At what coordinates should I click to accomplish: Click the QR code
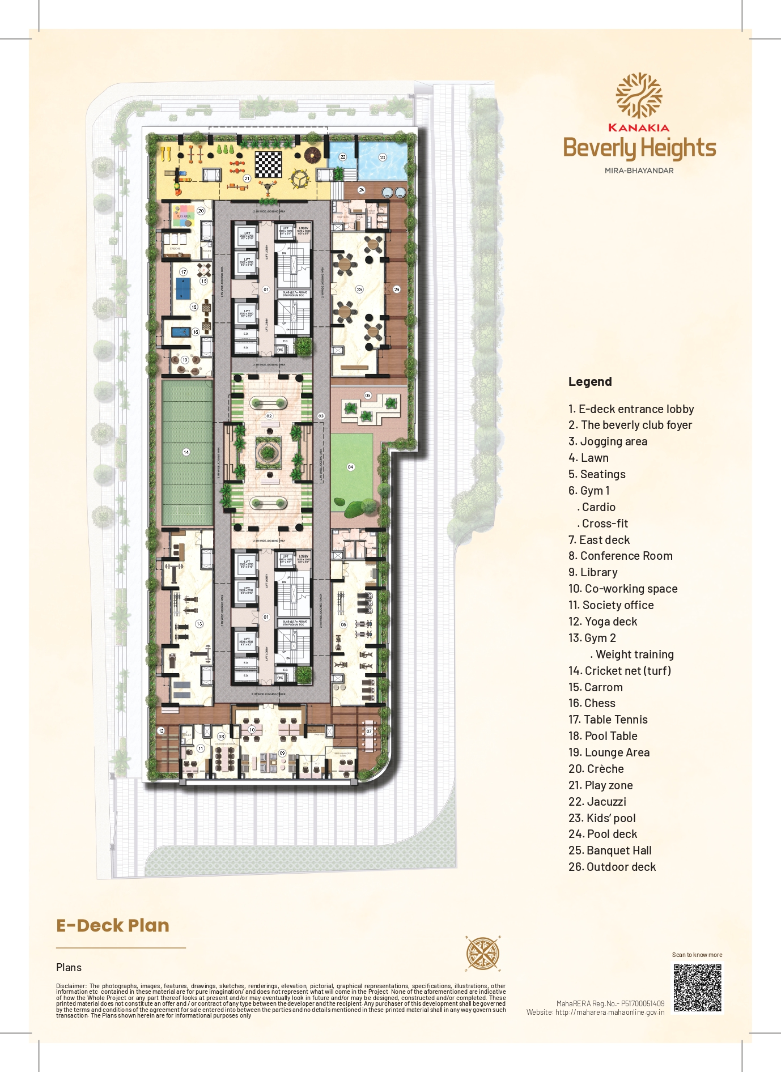pos(698,988)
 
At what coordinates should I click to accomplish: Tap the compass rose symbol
pos(482,953)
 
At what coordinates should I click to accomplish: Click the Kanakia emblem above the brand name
pos(639,96)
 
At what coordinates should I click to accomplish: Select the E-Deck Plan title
pos(113,925)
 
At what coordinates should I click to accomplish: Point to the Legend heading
pos(590,381)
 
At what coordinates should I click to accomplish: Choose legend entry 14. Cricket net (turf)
pos(619,671)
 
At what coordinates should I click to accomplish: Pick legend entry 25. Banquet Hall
pos(610,850)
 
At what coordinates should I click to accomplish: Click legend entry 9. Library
pos(593,572)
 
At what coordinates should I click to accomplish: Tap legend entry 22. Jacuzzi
pos(597,802)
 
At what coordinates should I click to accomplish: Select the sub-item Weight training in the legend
pos(634,654)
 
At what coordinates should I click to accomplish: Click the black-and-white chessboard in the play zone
pos(268,164)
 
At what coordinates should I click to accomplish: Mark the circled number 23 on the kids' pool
pos(383,158)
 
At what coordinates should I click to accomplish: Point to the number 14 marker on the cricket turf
pos(186,452)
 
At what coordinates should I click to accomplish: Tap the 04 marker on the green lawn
pos(351,467)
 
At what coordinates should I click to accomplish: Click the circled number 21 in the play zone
pos(247,178)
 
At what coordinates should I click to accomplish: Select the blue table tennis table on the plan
pos(184,290)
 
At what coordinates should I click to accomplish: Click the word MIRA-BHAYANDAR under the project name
pos(639,171)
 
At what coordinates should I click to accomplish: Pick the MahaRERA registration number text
pos(610,1003)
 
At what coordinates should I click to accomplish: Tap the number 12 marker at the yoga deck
pos(161,731)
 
